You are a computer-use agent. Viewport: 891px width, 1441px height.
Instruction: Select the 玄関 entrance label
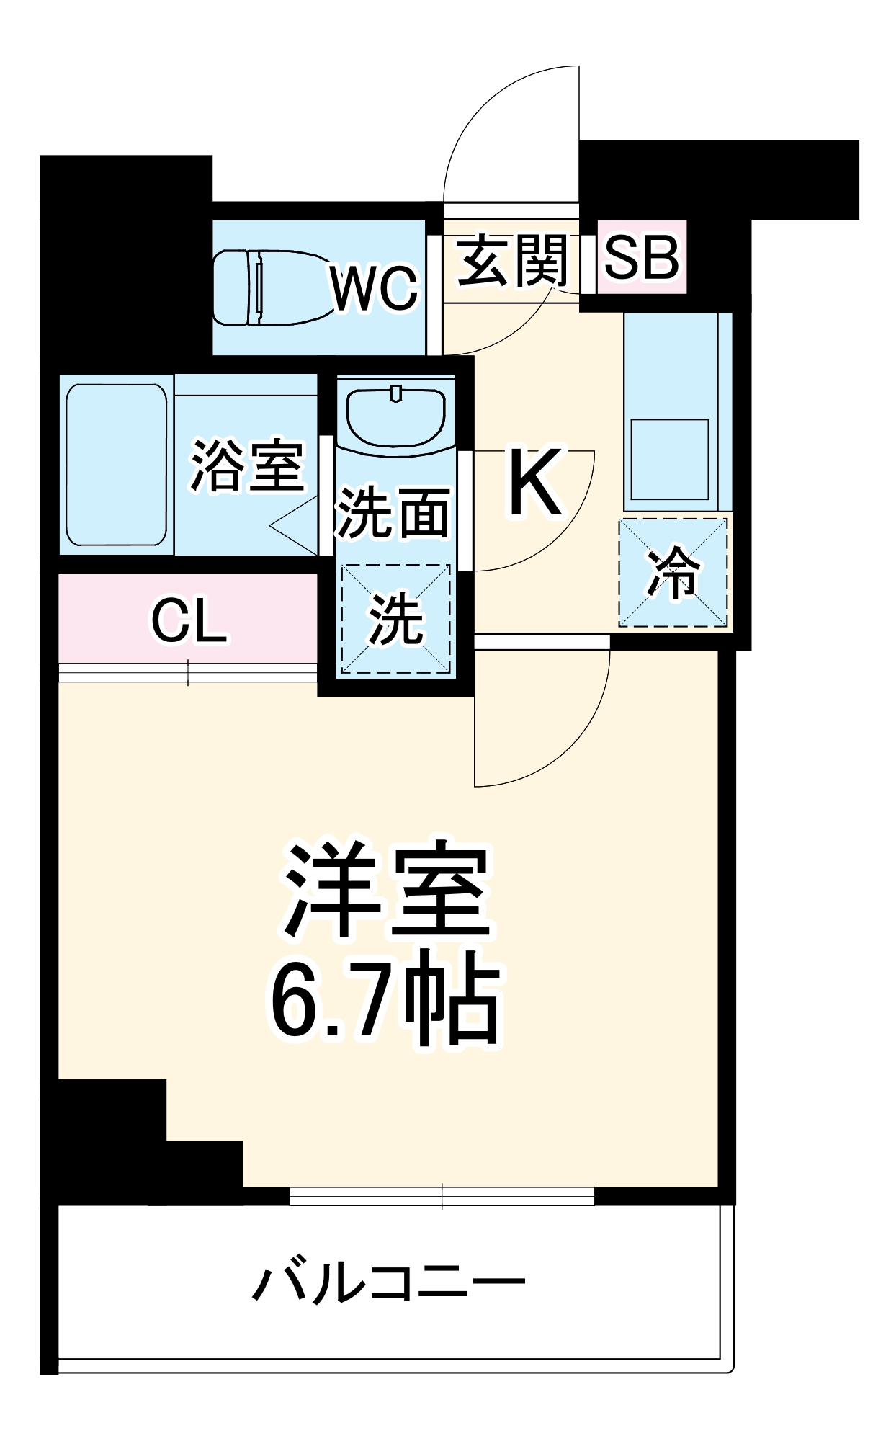(512, 260)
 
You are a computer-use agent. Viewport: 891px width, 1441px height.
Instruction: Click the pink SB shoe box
(641, 257)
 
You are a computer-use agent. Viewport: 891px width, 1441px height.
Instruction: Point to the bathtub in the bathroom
(117, 465)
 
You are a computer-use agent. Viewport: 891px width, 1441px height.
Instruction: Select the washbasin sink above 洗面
(395, 419)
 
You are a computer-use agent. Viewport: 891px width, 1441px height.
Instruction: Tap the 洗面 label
(393, 512)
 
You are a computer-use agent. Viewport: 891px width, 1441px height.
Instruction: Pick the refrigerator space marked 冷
(673, 573)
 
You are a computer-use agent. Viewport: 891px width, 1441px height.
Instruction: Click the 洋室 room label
(388, 890)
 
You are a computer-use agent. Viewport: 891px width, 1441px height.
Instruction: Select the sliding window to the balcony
(442, 1197)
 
